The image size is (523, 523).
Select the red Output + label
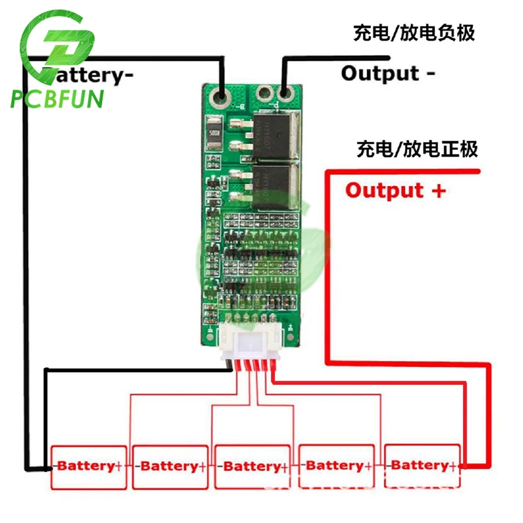(395, 190)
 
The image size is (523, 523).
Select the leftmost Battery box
(88, 467)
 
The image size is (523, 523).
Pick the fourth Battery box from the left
(336, 465)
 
